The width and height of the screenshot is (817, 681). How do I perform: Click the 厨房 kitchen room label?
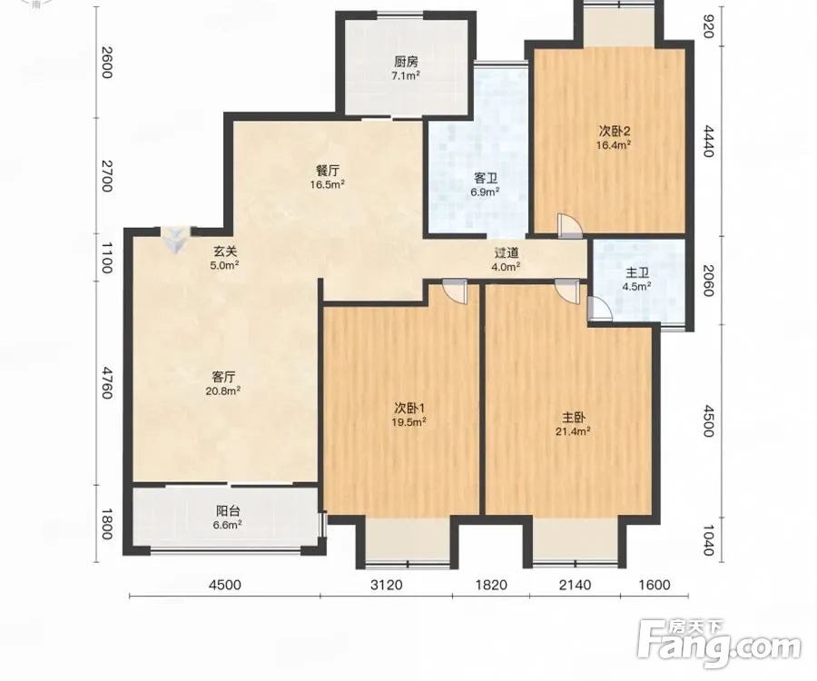(406, 62)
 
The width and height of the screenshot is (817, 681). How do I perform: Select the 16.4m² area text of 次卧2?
(614, 145)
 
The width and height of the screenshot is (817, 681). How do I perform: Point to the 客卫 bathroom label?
(485, 179)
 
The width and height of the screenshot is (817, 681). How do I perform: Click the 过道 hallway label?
(507, 253)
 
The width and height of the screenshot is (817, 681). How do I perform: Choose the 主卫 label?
(636, 273)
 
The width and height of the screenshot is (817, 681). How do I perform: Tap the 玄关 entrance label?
(224, 252)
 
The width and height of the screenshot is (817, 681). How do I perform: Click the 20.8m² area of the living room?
(222, 390)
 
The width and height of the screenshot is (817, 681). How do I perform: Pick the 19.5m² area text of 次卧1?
(409, 422)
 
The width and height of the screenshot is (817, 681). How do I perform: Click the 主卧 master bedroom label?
(574, 418)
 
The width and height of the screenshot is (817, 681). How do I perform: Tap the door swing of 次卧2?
(568, 225)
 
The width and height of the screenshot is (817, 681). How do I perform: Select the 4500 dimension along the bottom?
(224, 585)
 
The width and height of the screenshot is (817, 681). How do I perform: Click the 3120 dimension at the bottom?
(386, 585)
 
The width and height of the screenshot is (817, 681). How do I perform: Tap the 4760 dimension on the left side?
(106, 383)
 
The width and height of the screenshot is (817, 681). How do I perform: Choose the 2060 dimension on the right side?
(707, 281)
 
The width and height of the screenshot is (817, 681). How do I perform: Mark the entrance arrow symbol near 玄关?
(176, 239)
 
